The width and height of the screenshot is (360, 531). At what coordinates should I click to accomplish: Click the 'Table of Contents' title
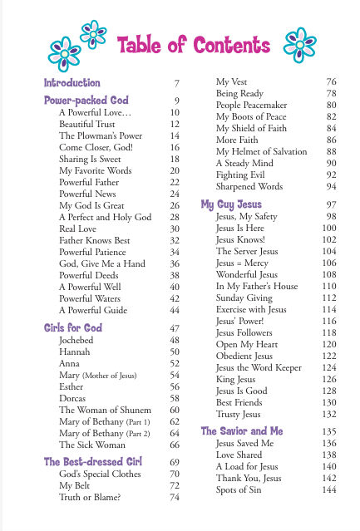[x=196, y=46]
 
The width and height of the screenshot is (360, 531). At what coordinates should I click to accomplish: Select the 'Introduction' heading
[x=72, y=83]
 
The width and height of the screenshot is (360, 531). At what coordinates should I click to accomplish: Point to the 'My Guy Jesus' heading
[x=231, y=204]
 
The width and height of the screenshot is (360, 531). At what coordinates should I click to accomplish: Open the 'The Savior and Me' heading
[x=241, y=431]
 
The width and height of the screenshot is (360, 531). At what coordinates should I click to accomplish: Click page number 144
[x=328, y=490]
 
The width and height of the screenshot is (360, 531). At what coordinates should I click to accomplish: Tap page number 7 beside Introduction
[x=177, y=83]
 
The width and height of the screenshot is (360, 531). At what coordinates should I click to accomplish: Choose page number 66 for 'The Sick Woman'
[x=175, y=445]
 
